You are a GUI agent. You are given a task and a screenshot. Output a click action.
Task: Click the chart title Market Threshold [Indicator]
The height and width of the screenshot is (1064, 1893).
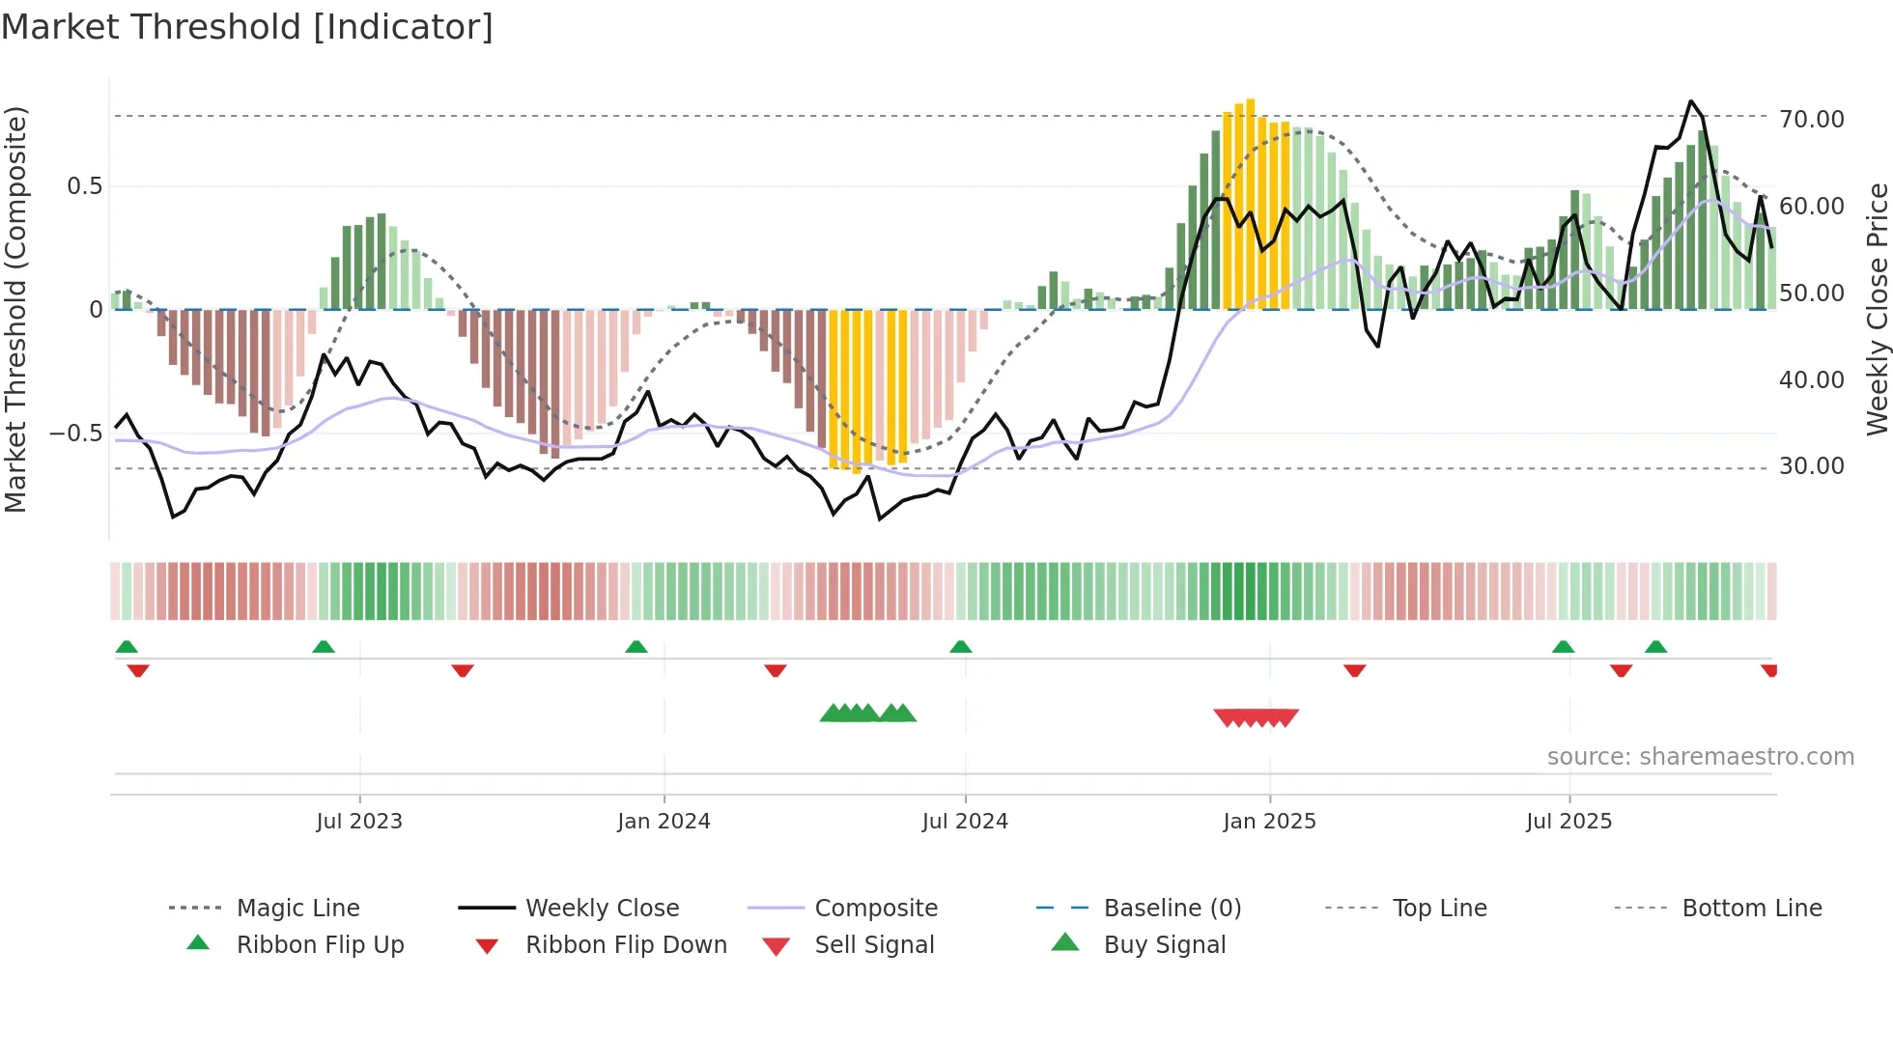[x=247, y=27]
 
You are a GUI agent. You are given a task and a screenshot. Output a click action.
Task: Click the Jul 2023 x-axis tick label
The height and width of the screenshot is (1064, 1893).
[x=359, y=821]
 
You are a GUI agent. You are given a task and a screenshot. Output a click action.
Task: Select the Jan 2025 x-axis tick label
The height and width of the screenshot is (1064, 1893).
[x=1269, y=821]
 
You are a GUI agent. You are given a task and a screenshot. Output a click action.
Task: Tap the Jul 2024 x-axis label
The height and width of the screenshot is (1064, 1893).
[x=965, y=821]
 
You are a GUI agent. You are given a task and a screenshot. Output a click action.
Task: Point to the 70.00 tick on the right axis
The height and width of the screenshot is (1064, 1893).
[x=1811, y=119]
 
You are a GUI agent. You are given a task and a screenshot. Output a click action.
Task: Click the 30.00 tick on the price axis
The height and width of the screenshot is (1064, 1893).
[x=1811, y=466]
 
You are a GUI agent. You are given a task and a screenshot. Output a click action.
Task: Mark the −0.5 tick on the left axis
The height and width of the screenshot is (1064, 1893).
[x=76, y=433]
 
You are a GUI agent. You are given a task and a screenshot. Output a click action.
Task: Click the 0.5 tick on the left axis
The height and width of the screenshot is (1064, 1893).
[x=84, y=185]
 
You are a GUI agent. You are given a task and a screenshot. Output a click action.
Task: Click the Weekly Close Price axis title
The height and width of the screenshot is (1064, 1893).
[x=1876, y=309]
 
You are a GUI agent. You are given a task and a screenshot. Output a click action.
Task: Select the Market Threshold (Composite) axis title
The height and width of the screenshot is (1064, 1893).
[x=15, y=309]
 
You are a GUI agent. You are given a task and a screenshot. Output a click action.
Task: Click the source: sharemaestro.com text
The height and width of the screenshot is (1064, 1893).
[x=1700, y=756]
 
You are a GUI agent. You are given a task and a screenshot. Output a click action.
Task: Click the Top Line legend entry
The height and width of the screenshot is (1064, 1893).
[x=1439, y=908]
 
